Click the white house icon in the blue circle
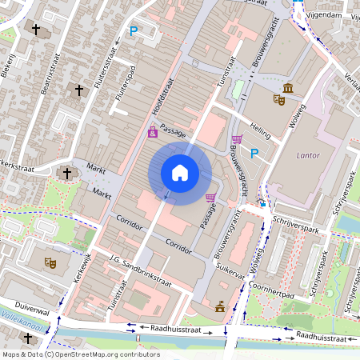(180, 172)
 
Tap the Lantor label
(308, 154)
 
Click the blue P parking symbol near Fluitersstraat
(134, 32)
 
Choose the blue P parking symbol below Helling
(254, 154)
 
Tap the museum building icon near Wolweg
(287, 87)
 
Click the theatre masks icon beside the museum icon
(278, 100)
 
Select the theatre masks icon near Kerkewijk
(50, 262)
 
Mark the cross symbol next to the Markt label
(67, 173)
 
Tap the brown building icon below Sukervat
(219, 306)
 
